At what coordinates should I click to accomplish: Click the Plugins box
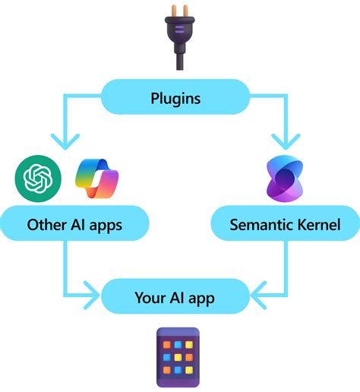(175, 96)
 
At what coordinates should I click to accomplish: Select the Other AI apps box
(74, 223)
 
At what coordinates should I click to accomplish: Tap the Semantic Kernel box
(286, 223)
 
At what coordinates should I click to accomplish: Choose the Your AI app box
(175, 296)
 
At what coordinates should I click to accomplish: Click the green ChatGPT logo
(38, 179)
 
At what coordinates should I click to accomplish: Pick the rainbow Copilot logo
(97, 179)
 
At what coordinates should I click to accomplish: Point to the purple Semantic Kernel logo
(285, 179)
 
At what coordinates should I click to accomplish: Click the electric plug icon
(179, 37)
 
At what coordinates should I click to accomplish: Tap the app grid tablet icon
(178, 357)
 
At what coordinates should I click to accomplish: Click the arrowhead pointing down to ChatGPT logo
(65, 142)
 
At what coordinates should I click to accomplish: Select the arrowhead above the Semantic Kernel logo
(286, 142)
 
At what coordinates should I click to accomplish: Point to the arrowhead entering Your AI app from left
(92, 296)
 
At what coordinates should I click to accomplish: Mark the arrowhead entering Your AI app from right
(259, 296)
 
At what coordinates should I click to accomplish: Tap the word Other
(47, 224)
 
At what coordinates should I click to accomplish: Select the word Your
(150, 297)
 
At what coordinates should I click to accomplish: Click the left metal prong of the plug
(174, 11)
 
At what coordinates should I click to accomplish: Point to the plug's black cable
(180, 59)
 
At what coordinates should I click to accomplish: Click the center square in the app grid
(178, 357)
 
